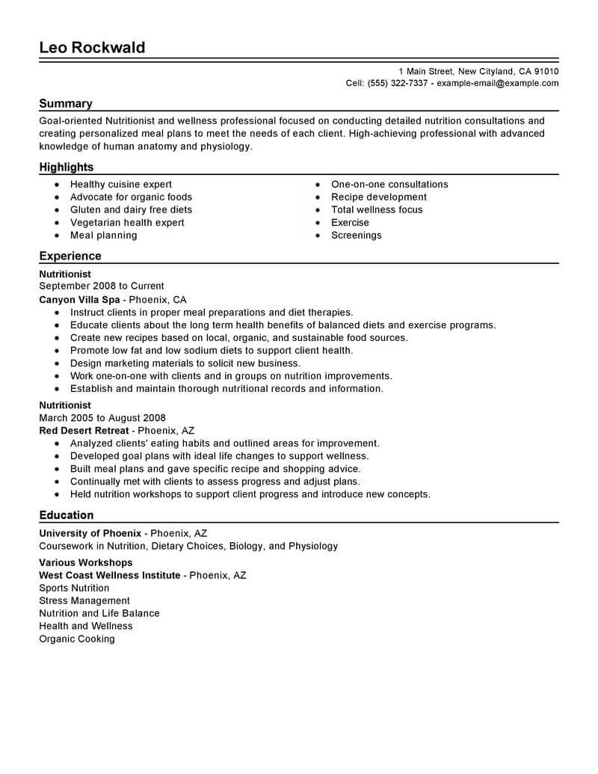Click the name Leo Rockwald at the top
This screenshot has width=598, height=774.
pos(92,48)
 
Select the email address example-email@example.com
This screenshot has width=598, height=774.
pos(497,84)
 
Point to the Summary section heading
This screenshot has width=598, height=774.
pos(66,104)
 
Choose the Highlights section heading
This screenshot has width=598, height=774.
pos(67,168)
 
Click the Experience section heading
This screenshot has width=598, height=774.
pos(70,256)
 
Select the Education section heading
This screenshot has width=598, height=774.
pos(67,515)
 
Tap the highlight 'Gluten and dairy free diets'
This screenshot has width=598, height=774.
pos(131,210)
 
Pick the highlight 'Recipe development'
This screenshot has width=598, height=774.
pos(379,197)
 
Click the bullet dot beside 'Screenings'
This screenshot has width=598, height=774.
pos(318,236)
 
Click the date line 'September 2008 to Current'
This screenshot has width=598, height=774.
pos(102,286)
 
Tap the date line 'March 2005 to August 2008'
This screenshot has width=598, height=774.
pos(102,418)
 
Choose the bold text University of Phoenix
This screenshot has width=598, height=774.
pos(90,534)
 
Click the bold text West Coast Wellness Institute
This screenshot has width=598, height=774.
pos(110,576)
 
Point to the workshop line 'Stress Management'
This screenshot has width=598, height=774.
pos(84,601)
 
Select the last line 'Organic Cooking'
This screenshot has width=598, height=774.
pos(77,639)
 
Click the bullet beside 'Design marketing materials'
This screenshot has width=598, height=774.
pos(57,363)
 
